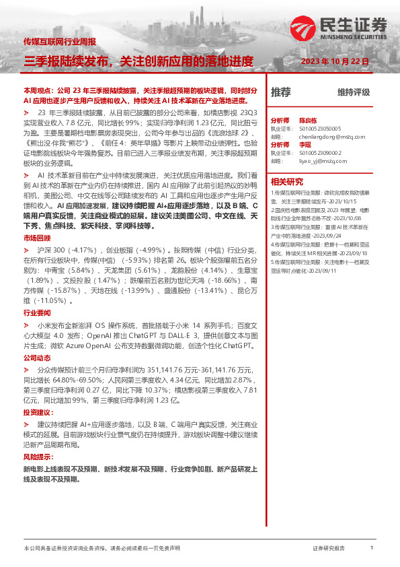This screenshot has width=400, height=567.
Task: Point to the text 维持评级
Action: tap(354, 92)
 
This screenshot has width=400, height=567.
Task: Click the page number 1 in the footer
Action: tap(371, 548)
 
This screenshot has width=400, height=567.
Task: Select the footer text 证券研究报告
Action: tap(329, 548)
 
